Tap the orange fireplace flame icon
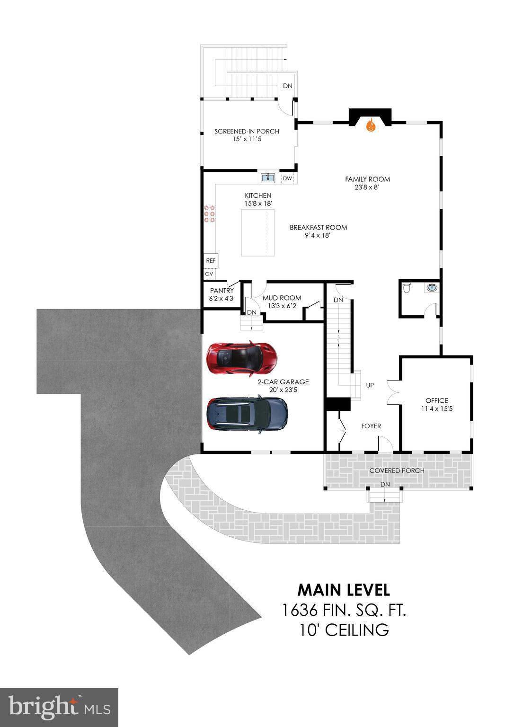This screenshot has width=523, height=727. [371, 125]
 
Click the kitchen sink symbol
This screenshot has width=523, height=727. [268, 178]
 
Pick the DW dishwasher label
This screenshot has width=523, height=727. [287, 178]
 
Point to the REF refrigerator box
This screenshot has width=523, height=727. [211, 261]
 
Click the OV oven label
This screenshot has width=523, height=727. [209, 274]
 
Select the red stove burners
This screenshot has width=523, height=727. [210, 214]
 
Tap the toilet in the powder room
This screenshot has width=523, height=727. [406, 287]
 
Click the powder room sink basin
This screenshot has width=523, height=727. [432, 287]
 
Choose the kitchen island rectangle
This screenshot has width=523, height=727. [257, 232]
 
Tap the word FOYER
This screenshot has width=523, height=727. [371, 426]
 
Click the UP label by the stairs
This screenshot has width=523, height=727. [370, 385]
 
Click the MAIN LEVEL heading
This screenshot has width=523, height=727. [344, 590]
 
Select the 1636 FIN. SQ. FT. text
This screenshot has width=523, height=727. [344, 610]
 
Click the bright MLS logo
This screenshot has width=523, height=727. [59, 708]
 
